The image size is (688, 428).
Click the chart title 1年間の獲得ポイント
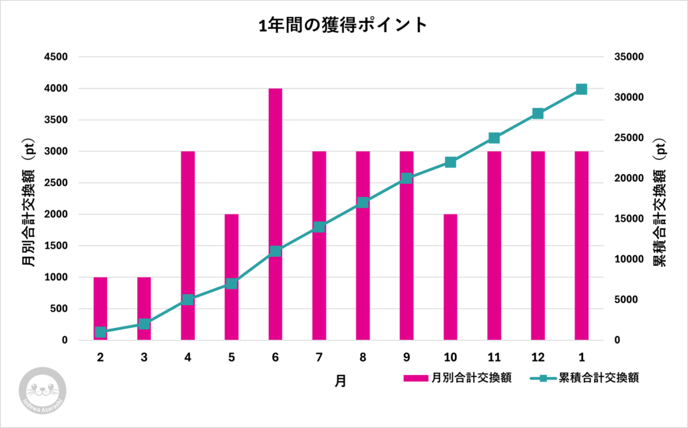click(x=343, y=26)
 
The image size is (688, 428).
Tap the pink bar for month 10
click(x=450, y=277)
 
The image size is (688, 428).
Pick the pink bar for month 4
click(x=187, y=245)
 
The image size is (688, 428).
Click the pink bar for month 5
click(x=232, y=277)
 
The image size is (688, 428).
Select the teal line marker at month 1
click(x=581, y=89)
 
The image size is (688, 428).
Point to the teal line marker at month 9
click(x=406, y=179)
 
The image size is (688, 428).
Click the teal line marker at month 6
click(x=275, y=251)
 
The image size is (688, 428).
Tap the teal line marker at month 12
click(x=537, y=114)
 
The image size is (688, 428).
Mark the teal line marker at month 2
click(x=100, y=332)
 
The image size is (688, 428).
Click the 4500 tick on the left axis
click(x=56, y=57)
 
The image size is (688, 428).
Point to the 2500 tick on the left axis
click(x=56, y=183)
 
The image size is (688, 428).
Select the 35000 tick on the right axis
click(x=629, y=57)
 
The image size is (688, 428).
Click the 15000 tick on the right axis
click(x=629, y=219)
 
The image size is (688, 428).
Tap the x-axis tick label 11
click(x=494, y=357)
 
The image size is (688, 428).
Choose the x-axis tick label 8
click(x=363, y=357)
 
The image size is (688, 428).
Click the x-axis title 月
click(x=341, y=381)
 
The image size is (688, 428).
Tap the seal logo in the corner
click(x=41, y=389)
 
